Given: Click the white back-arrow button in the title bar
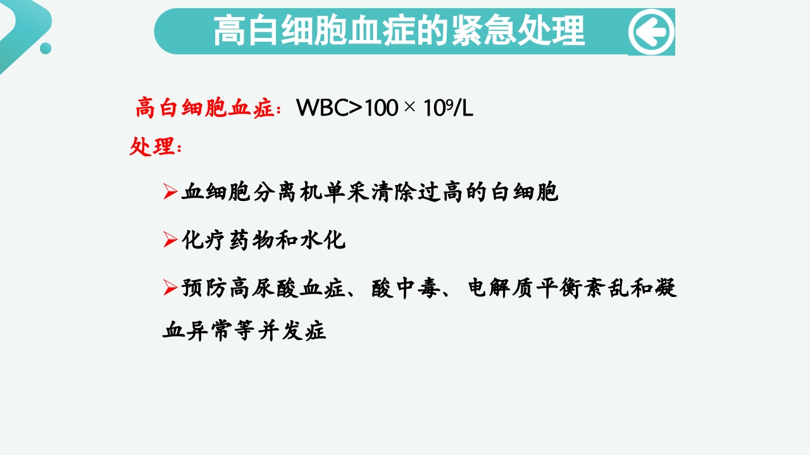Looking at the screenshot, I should click(651, 32).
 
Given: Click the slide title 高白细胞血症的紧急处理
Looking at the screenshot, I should click(399, 31).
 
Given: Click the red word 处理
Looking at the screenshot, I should click(152, 147).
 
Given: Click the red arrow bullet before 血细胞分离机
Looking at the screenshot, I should click(170, 192).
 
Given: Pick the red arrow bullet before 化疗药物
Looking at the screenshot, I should click(170, 240).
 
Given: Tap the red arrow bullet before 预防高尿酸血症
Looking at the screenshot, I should click(170, 288).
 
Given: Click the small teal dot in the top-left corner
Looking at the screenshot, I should click(46, 48).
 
